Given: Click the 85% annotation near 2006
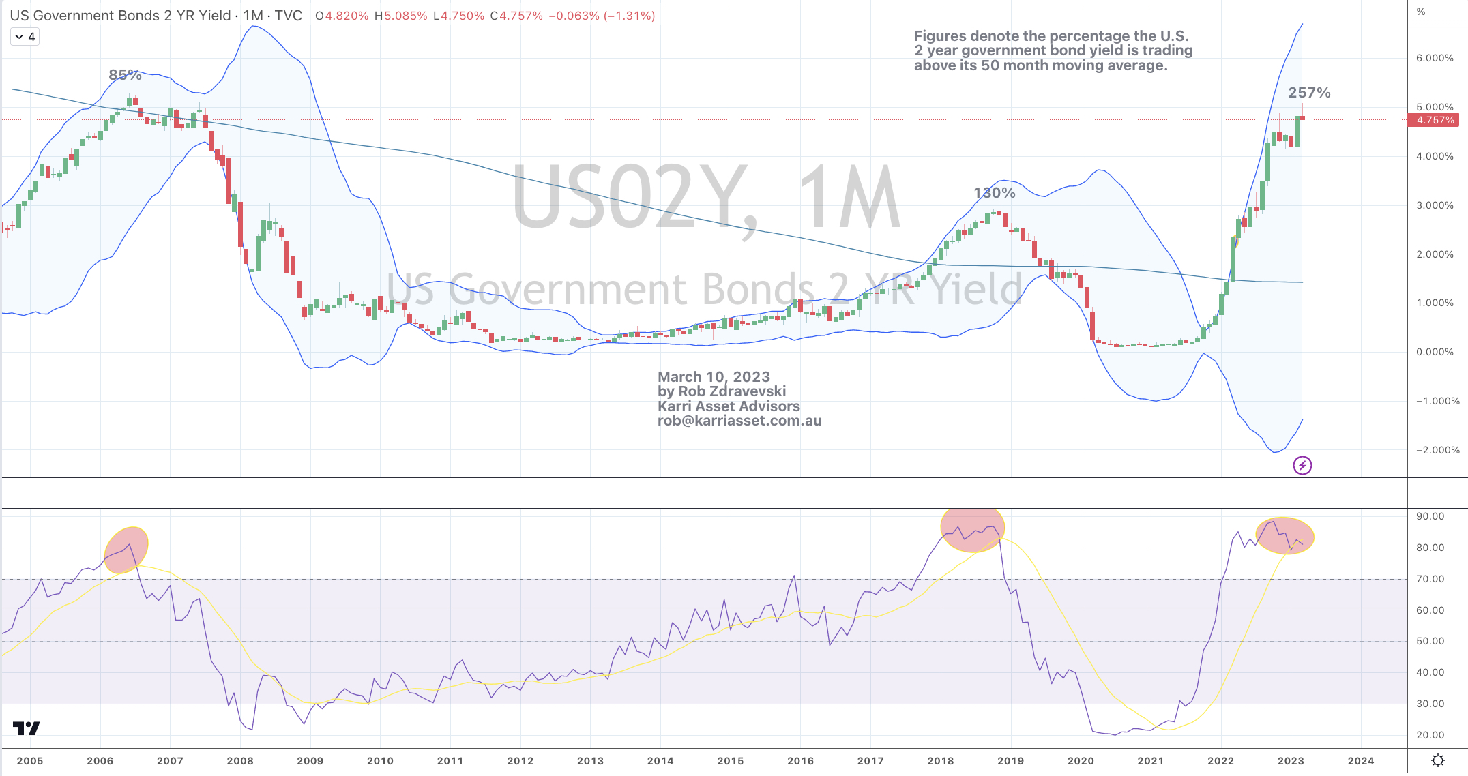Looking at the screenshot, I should click(125, 75).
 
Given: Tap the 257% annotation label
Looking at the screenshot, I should click(1308, 93).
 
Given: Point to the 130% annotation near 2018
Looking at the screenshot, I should click(994, 193).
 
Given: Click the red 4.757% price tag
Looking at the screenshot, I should click(1435, 120).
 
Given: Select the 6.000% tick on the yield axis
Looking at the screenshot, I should click(1435, 58).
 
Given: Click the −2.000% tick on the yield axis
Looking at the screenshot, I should click(1437, 450).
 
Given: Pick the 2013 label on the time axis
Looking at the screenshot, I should click(590, 761).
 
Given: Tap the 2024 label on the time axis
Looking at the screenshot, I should click(1360, 761).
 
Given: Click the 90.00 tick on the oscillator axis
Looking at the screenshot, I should click(1430, 516).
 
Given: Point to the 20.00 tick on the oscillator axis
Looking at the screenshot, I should click(1430, 735).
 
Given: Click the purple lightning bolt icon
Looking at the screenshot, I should click(1302, 466).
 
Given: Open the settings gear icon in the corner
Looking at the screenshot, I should click(1437, 760).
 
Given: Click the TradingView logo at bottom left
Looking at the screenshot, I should click(27, 728).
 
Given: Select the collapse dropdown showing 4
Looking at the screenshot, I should click(25, 37).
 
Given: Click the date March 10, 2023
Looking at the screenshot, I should click(714, 377).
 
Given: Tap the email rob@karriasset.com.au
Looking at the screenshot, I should click(739, 421).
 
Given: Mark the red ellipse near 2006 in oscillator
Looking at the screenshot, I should click(126, 550).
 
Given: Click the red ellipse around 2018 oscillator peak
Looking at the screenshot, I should click(972, 530).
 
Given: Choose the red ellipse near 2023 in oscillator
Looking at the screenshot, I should click(1285, 536).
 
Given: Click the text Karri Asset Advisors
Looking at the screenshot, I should click(729, 406).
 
